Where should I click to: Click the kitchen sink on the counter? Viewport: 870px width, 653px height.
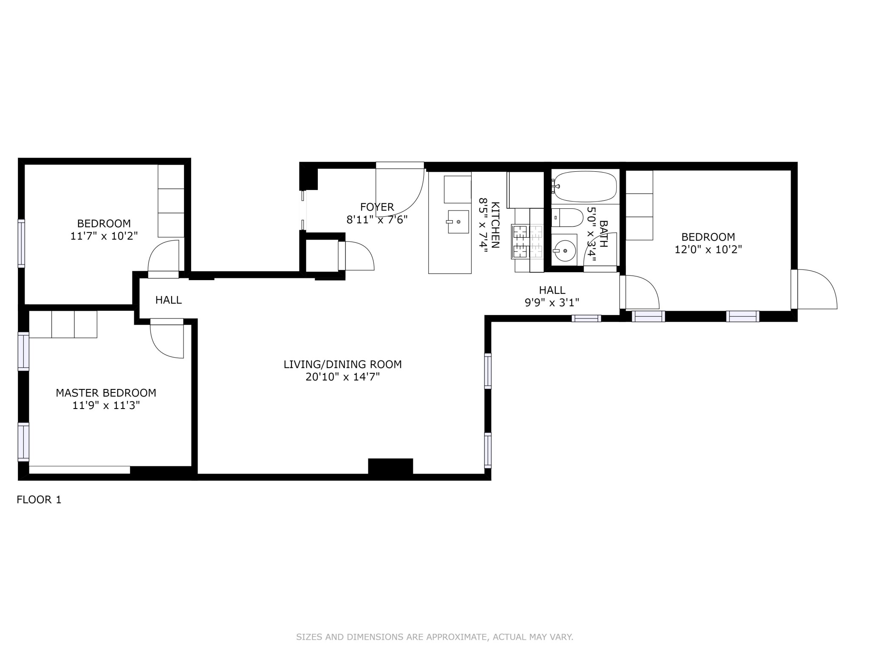[x=458, y=221]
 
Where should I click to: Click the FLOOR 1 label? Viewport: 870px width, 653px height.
[x=39, y=500]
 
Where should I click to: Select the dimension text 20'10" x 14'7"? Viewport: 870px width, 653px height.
[x=342, y=377]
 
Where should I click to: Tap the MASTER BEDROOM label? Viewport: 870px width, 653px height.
[x=106, y=393]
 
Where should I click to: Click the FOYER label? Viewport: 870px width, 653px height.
[x=377, y=207]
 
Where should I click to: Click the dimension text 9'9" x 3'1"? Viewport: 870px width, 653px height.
[x=552, y=303]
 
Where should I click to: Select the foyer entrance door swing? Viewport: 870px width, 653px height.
[x=400, y=189]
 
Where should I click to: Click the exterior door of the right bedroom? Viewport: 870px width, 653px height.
[x=814, y=289]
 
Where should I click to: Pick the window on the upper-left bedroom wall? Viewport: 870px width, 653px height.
[x=21, y=243]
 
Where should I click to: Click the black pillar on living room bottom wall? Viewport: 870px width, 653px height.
[x=390, y=466]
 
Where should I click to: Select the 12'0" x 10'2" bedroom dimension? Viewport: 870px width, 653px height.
[x=708, y=250]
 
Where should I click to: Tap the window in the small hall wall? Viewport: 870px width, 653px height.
[x=586, y=318]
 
